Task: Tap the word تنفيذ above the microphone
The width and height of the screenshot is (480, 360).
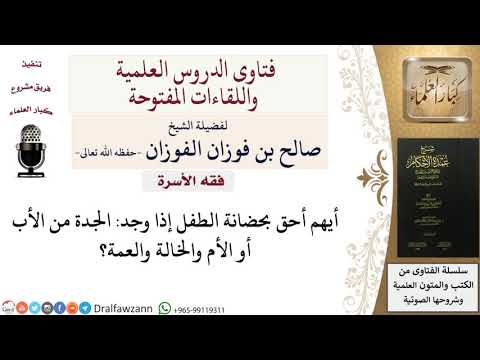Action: pyautogui.click(x=31, y=63)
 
